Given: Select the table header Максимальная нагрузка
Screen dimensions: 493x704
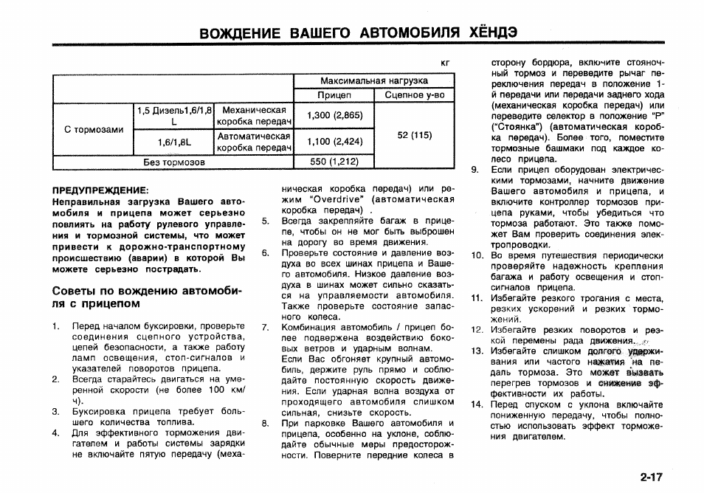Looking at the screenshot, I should tap(374, 80).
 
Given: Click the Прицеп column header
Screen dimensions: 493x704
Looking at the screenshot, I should tap(334, 95).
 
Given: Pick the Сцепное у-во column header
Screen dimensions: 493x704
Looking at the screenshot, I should tap(415, 95).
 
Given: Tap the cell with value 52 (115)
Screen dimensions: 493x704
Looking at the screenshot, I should tap(415, 135).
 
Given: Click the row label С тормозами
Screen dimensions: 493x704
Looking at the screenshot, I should tap(94, 129).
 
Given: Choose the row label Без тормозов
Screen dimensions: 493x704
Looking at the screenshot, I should tap(173, 161).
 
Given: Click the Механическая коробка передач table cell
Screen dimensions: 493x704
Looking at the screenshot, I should tap(254, 115).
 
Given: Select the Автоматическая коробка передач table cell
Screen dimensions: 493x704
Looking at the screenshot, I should tap(254, 142).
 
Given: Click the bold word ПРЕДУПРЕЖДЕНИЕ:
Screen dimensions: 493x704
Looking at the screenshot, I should tap(100, 190).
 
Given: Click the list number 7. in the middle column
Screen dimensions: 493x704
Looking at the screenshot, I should tap(265, 327).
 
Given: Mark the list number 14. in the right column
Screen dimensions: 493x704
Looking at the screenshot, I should tap(477, 404).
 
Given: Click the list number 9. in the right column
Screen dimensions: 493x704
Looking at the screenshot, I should tap(476, 170).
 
